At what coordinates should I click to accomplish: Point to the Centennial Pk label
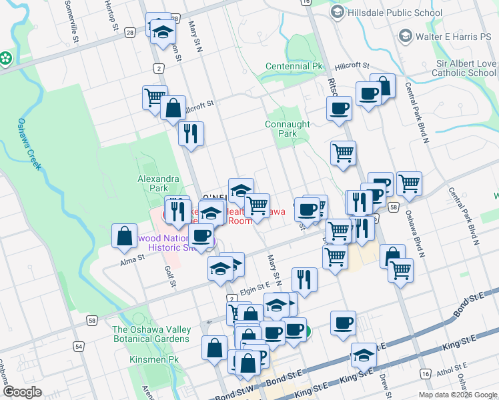click(x=294, y=67)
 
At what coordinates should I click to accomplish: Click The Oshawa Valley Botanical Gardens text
click(x=151, y=334)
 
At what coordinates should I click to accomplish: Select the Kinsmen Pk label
click(x=148, y=359)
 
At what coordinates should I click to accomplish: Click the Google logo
click(x=22, y=391)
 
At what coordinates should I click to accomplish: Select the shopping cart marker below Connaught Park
click(x=343, y=153)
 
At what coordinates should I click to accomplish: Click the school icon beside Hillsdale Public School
click(x=338, y=13)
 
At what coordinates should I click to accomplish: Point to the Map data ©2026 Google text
click(x=457, y=395)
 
